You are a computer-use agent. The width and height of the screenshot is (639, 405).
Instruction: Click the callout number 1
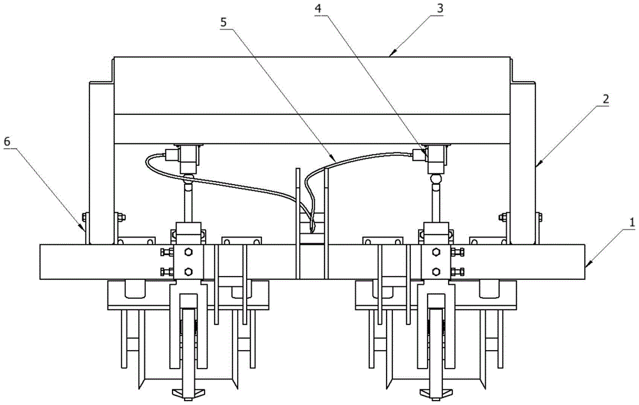[x=632, y=223]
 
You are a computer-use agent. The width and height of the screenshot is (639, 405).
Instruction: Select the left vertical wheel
[x=188, y=332]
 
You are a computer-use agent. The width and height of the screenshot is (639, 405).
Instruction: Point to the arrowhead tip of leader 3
[x=391, y=56]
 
